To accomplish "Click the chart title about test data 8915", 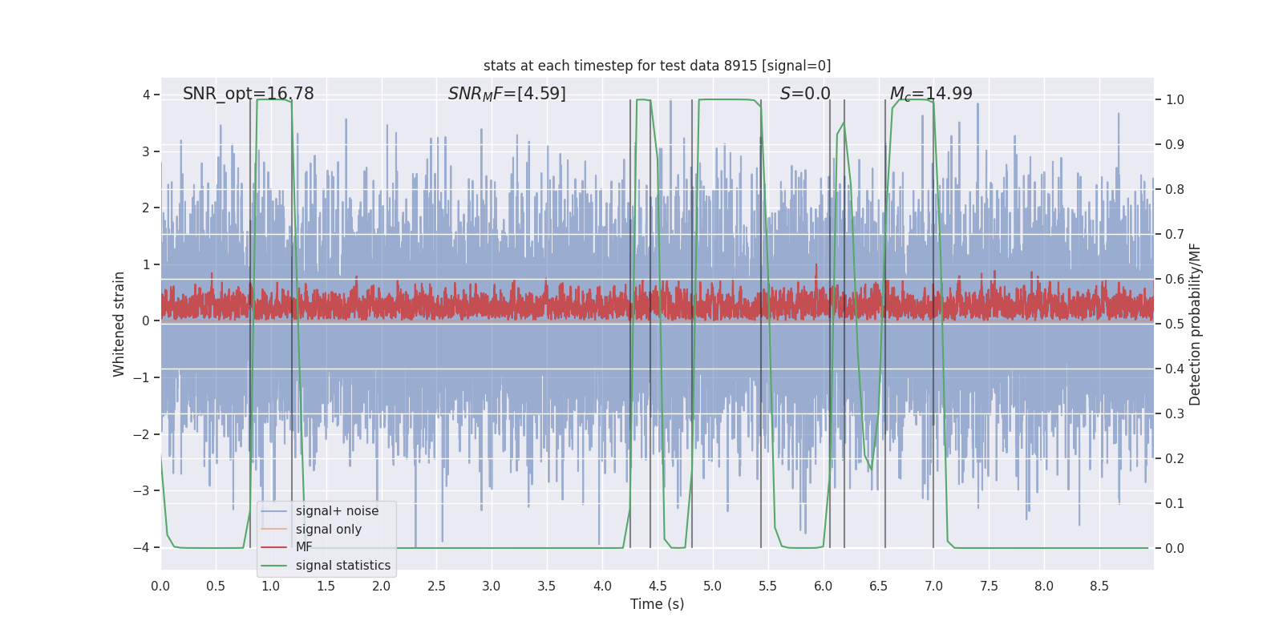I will [657, 66].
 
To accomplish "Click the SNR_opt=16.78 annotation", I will [248, 94].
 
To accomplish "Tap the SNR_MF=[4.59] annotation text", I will [507, 94].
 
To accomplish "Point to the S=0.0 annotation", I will [805, 94].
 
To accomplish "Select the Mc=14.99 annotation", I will [931, 94].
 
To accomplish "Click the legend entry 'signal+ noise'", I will [337, 511].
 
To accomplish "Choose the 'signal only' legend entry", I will [328, 530].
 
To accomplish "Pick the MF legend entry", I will [304, 547].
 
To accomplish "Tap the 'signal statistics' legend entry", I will [342, 566].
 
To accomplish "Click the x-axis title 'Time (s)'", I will [657, 604].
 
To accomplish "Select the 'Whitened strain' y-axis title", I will [119, 324].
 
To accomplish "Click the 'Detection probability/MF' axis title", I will [1195, 324].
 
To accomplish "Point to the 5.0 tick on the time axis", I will [712, 587].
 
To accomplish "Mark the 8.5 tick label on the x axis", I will [1099, 587].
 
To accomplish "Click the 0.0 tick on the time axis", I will [160, 587].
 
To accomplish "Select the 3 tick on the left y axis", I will [146, 151].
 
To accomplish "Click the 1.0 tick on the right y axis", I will [1175, 100].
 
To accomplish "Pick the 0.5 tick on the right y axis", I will [1175, 325].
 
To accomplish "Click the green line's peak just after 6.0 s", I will [844, 123].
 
